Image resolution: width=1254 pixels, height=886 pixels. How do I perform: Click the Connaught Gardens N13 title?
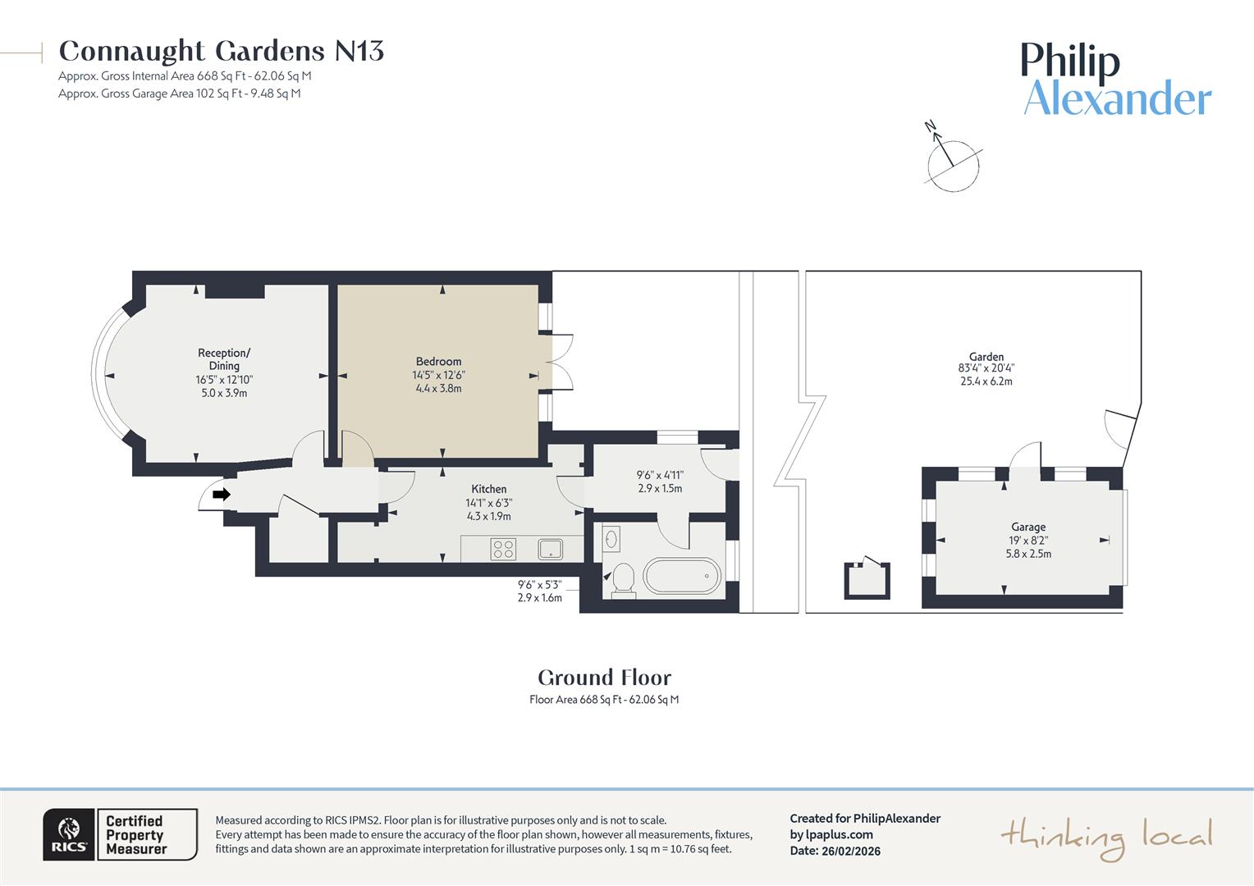point(221,51)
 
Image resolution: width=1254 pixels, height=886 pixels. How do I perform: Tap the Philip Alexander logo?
point(1116,80)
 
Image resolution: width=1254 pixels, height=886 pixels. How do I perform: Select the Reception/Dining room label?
point(224,359)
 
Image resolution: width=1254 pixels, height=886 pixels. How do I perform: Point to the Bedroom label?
point(438,362)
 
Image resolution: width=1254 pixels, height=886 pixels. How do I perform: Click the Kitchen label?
point(488,489)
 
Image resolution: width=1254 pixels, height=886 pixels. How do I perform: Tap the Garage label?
point(1027,527)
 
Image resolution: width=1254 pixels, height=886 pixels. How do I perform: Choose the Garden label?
point(986,357)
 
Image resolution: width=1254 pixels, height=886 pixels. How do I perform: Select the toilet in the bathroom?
point(623,578)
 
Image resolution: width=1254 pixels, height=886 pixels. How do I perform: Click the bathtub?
point(681,576)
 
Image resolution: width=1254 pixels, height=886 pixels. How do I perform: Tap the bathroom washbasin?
point(611,539)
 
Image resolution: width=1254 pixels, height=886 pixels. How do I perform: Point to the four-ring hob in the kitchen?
point(503,549)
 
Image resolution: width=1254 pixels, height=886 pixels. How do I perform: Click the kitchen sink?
point(551,549)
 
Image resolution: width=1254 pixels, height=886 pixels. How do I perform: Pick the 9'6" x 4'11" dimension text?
point(660,475)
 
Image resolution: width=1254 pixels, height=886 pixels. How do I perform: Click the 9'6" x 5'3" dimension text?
point(539,585)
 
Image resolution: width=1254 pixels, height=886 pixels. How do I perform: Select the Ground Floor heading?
point(604,678)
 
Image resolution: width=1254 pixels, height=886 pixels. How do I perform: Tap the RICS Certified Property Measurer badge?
point(120,834)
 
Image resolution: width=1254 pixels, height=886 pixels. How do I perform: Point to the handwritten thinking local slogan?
point(1105,837)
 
